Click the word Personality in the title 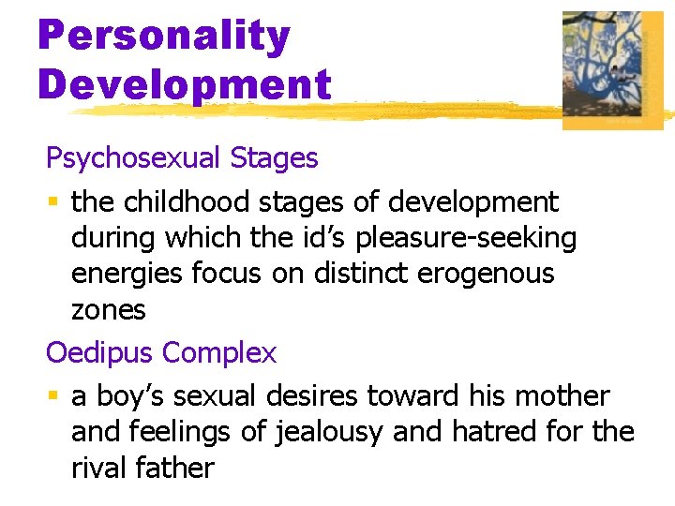[164, 37]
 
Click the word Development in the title [185, 84]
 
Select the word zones [109, 310]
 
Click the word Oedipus [100, 353]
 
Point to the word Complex [219, 353]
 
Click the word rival [100, 469]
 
